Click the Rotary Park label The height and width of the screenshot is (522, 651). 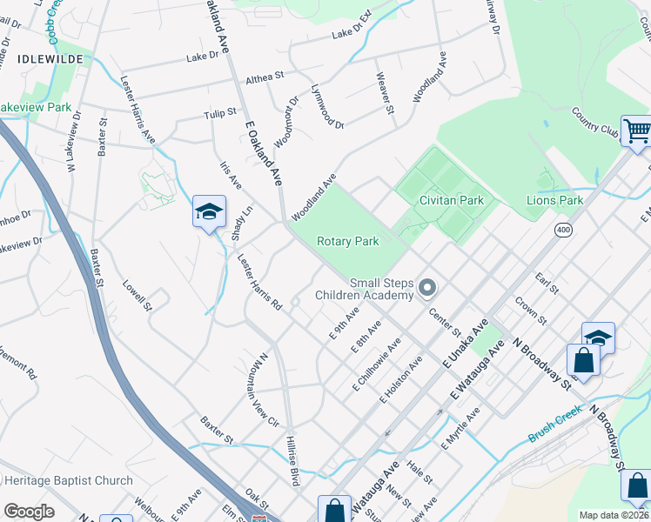347,241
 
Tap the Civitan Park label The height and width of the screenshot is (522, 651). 451,200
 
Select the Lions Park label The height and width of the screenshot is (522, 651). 554,200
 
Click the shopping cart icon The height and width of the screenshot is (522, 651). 637,131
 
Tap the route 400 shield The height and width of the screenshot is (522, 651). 563,229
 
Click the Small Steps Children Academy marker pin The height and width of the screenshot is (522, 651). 426,288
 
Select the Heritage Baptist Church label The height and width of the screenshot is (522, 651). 69,480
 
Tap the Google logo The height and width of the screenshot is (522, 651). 29,511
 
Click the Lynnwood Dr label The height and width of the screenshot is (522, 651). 327,107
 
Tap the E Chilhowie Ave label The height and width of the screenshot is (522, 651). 377,364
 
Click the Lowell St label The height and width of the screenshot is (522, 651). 137,297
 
